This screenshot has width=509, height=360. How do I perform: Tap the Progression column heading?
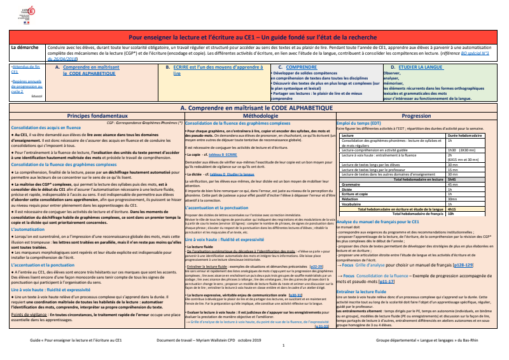(421, 116)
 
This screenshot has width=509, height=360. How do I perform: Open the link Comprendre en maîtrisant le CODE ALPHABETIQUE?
(98, 69)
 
